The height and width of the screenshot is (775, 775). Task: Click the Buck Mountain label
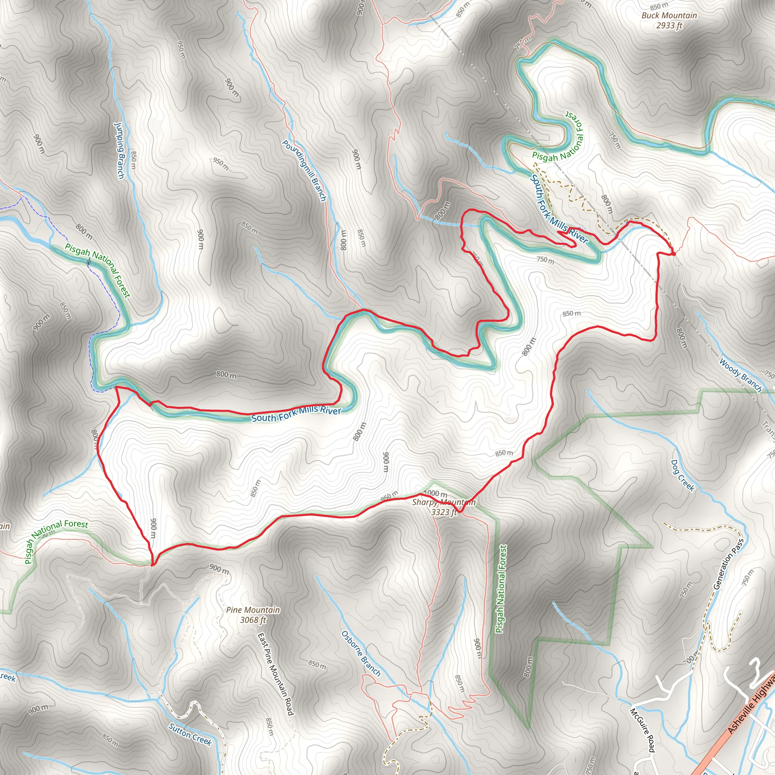669,16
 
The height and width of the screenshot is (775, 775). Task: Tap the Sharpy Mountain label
444,502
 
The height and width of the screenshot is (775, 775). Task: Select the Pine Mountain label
253,610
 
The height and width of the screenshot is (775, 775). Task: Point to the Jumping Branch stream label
120,151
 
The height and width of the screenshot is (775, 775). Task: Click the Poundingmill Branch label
304,171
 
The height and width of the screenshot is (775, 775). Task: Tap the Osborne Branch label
361,654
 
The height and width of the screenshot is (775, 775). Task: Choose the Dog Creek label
682,475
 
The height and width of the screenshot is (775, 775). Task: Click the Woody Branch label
740,375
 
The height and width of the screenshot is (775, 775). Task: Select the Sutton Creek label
190,734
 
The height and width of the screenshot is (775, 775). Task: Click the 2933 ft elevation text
669,26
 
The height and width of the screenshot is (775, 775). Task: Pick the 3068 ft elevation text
253,620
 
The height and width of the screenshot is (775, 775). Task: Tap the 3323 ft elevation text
444,512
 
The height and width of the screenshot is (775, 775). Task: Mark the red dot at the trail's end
674,254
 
